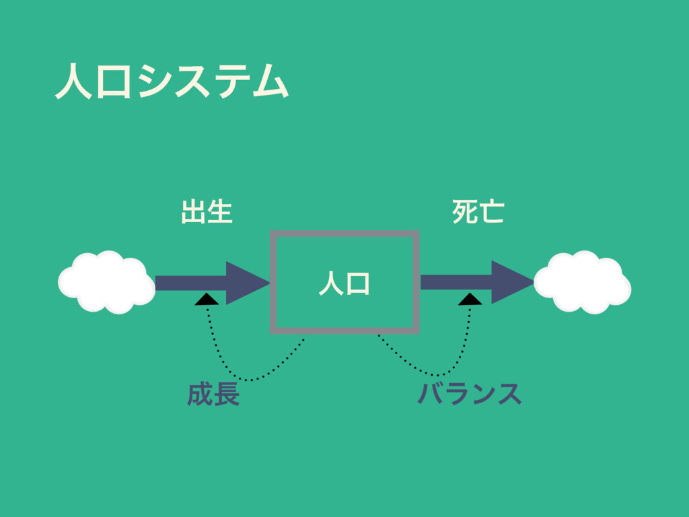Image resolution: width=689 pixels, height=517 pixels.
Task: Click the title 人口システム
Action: [x=172, y=81]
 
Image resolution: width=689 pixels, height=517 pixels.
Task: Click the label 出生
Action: [x=207, y=211]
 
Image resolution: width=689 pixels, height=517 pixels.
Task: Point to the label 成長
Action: [x=213, y=395]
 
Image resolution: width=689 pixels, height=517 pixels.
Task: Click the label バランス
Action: [x=469, y=395]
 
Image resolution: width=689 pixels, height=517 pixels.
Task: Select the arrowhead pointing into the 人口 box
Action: [x=246, y=283]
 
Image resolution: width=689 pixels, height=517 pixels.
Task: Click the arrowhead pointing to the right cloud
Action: [x=511, y=283]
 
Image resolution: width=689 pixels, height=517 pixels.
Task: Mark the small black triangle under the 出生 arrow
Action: [x=207, y=300]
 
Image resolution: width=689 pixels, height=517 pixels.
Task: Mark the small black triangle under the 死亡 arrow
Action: [x=470, y=300]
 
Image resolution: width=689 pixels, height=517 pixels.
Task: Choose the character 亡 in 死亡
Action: [x=492, y=211]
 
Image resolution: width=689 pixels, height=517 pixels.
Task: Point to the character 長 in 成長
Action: [x=226, y=395]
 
